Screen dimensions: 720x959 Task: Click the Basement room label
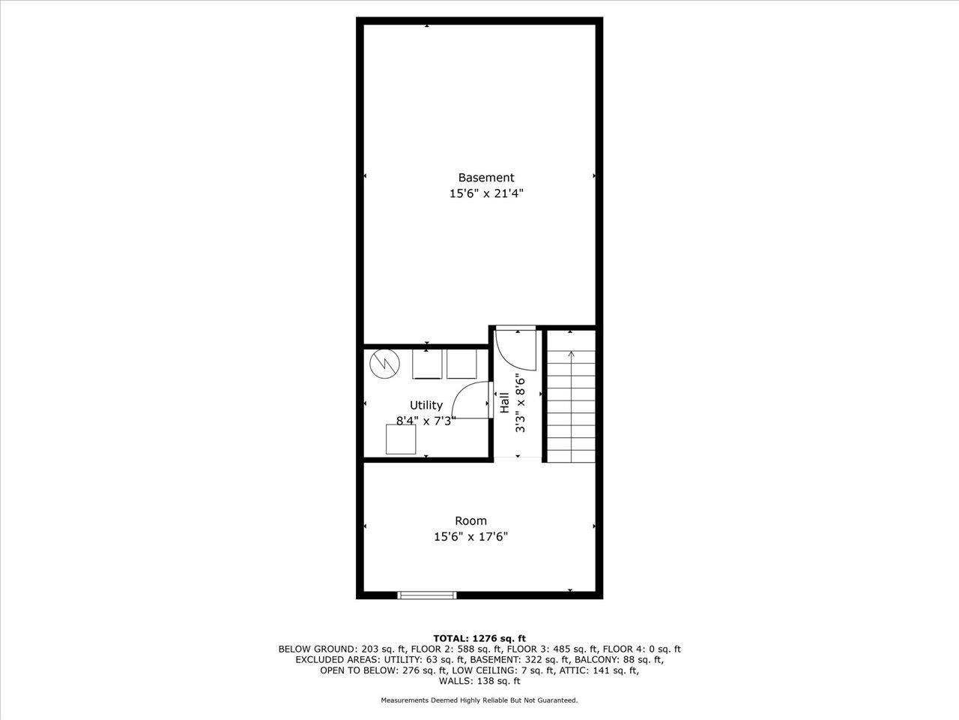(x=485, y=178)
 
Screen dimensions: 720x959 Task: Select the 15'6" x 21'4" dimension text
(x=485, y=193)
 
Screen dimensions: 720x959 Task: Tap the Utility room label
(x=426, y=405)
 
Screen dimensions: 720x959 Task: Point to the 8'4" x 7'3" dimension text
(x=426, y=421)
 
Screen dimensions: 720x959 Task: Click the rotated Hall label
(x=504, y=403)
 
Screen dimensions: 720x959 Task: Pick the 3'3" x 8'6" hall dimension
(x=519, y=403)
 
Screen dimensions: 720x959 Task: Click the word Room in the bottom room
(x=471, y=520)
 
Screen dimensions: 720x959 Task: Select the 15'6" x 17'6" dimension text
(x=471, y=536)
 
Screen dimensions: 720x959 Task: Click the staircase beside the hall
(x=570, y=405)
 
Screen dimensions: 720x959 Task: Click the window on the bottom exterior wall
(x=426, y=595)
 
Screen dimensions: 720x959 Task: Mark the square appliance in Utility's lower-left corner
(x=401, y=439)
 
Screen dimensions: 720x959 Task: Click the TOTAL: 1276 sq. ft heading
(x=479, y=638)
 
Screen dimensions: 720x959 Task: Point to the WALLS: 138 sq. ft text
(x=479, y=681)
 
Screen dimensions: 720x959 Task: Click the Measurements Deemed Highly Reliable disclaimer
(x=479, y=700)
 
